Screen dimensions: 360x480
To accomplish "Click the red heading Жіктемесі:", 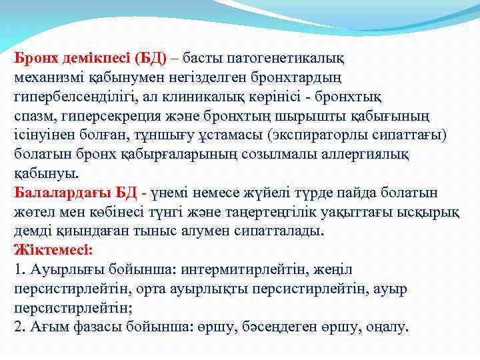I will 53,251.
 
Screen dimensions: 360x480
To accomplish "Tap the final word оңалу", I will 387,327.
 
